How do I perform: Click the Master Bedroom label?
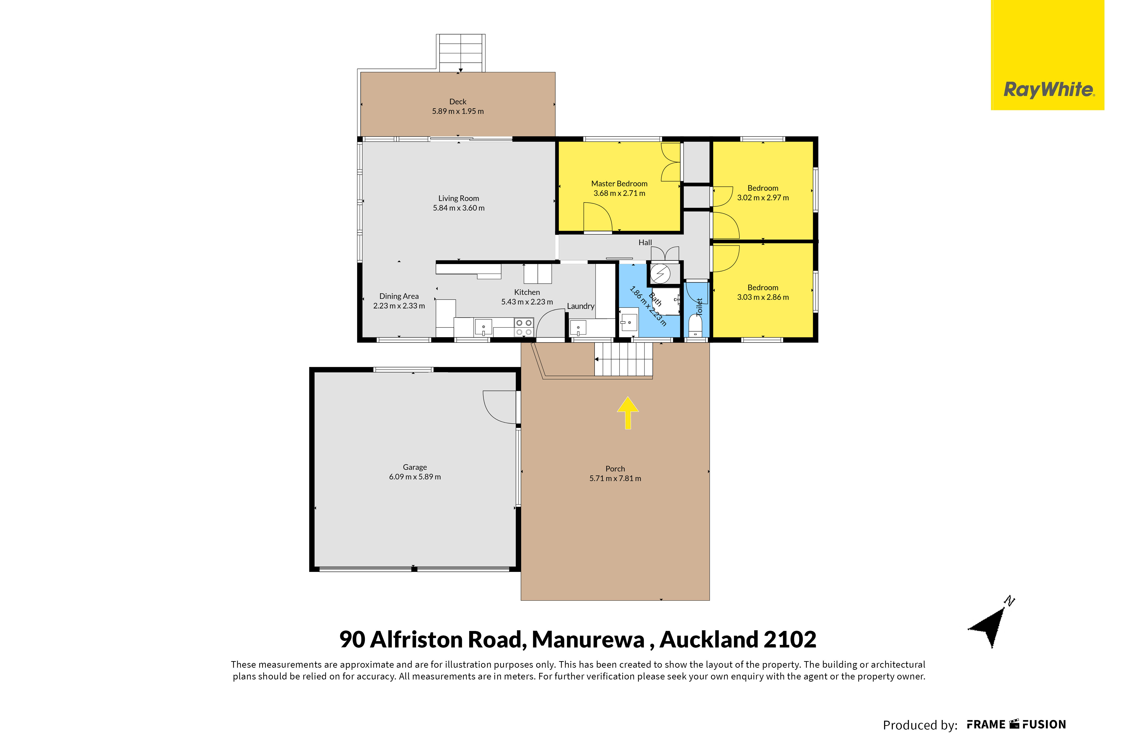pyautogui.click(x=619, y=184)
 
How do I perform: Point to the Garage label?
pyautogui.click(x=415, y=467)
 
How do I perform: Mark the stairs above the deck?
pyautogui.click(x=461, y=53)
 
